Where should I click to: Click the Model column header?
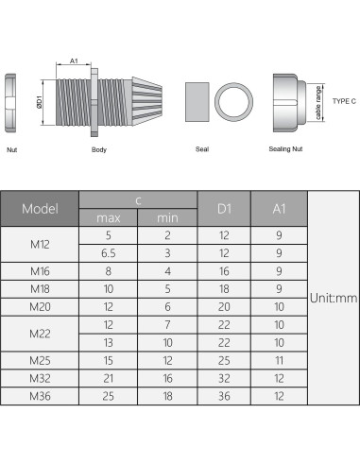point(41,208)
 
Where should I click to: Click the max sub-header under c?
point(109,218)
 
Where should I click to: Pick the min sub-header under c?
point(168,218)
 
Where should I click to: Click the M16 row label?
point(41,270)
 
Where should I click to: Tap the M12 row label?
point(41,244)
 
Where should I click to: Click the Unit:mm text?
point(334,297)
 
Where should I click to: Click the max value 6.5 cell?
point(109,253)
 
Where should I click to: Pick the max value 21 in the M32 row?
point(109,377)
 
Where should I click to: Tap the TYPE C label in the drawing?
point(344,98)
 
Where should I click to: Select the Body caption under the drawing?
point(99,149)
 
